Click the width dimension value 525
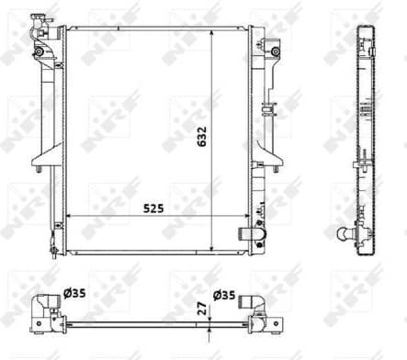[x=153, y=209]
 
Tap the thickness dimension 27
[x=200, y=310]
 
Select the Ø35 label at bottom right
[x=223, y=296]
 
